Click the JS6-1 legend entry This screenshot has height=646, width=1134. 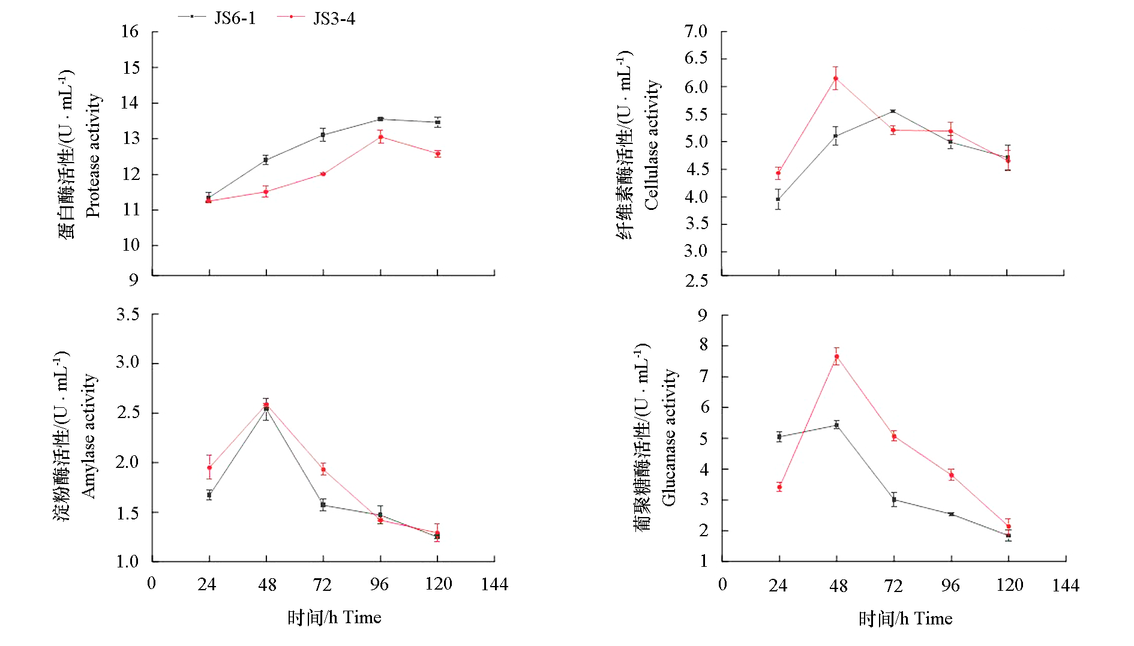[217, 18]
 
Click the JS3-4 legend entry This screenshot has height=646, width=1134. [316, 18]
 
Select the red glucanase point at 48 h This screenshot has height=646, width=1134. [836, 357]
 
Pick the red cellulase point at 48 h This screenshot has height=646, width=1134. [836, 79]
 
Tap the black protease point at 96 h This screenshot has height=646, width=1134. [380, 119]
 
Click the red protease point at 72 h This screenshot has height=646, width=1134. [323, 174]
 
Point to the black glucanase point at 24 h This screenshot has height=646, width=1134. [779, 437]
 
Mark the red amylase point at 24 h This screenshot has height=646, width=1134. [209, 468]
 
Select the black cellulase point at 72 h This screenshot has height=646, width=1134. [893, 111]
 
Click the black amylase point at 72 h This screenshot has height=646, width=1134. [323, 505]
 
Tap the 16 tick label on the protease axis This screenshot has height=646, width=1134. [130, 32]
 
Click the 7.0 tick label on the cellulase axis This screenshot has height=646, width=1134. [696, 31]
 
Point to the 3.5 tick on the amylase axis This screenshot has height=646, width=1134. [127, 314]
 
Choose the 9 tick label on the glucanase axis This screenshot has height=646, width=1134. [703, 315]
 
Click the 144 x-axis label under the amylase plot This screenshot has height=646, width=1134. [494, 584]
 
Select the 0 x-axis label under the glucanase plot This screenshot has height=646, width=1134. [722, 584]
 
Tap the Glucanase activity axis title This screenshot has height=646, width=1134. [668, 438]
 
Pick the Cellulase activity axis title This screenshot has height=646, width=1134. [651, 145]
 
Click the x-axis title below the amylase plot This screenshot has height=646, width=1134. [334, 618]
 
